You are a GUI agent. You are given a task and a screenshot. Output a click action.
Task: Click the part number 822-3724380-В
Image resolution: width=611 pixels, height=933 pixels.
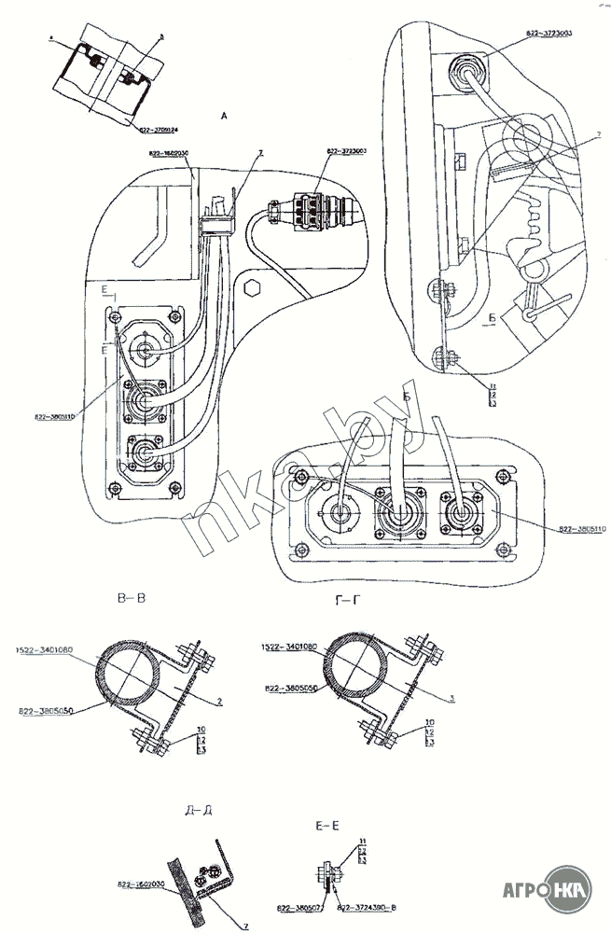365,906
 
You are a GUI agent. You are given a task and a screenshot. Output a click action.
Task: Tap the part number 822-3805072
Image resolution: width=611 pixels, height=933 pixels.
301,906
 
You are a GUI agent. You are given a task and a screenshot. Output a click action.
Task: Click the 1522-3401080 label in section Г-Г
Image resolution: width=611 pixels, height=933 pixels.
291,646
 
